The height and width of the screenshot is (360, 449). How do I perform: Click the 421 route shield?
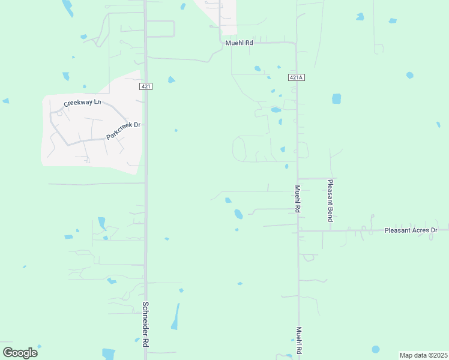[146, 86]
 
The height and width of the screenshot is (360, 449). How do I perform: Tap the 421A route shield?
[297, 77]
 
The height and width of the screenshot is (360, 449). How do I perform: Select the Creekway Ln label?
[83, 103]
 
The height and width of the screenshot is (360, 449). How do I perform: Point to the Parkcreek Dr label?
[123, 131]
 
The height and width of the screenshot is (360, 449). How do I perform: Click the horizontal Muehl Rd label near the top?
[240, 43]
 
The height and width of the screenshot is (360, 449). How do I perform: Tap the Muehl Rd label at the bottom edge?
[298, 341]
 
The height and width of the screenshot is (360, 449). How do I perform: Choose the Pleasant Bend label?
[330, 200]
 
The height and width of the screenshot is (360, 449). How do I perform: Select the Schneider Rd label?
[145, 324]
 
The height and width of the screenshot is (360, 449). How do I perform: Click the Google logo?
[20, 353]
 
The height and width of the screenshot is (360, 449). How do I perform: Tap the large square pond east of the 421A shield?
[336, 98]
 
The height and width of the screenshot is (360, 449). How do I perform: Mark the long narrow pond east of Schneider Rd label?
[175, 316]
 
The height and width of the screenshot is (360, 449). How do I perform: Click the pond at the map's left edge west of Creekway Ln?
[5, 101]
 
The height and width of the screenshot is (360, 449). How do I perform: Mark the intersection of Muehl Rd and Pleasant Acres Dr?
[298, 230]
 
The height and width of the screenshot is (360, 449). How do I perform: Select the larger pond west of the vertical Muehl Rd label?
[238, 214]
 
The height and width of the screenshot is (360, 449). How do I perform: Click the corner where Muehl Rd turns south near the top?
[295, 44]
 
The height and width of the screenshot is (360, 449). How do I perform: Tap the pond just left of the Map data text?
[376, 349]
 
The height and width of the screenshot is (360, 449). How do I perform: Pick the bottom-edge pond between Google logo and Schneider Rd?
[109, 354]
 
